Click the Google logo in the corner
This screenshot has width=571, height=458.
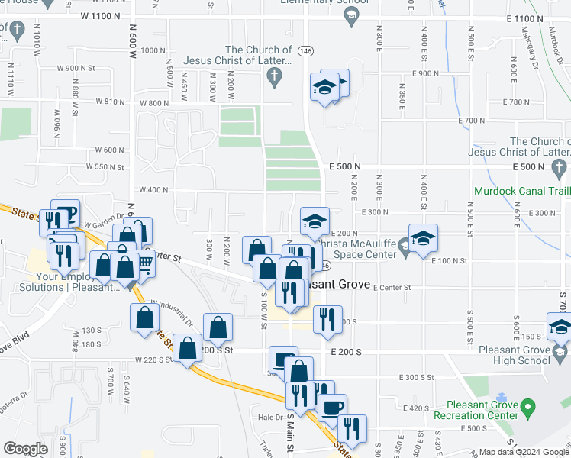25,449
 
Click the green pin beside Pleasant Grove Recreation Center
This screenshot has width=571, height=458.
527,413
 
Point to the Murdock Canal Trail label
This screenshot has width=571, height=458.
522,191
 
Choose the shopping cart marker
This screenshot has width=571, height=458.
142,265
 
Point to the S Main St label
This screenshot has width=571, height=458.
289,432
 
